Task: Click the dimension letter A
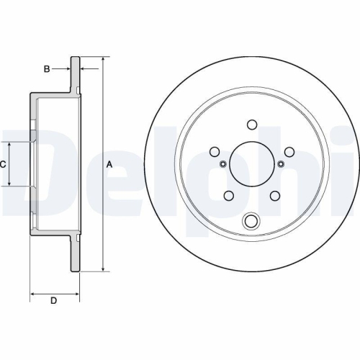pyautogui.click(x=110, y=165)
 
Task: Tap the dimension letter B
pyautogui.click(x=47, y=69)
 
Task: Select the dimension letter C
pyautogui.click(x=4, y=164)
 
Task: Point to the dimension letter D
pyautogui.click(x=54, y=300)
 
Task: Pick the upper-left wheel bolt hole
pyautogui.click(x=215, y=151)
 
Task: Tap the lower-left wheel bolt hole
pyautogui.click(x=228, y=195)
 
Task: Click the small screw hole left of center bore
pyautogui.click(x=222, y=165)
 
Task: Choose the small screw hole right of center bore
pyautogui.click(x=281, y=165)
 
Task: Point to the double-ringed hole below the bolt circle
pyautogui.click(x=251, y=221)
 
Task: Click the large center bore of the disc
pyautogui.click(x=251, y=165)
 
